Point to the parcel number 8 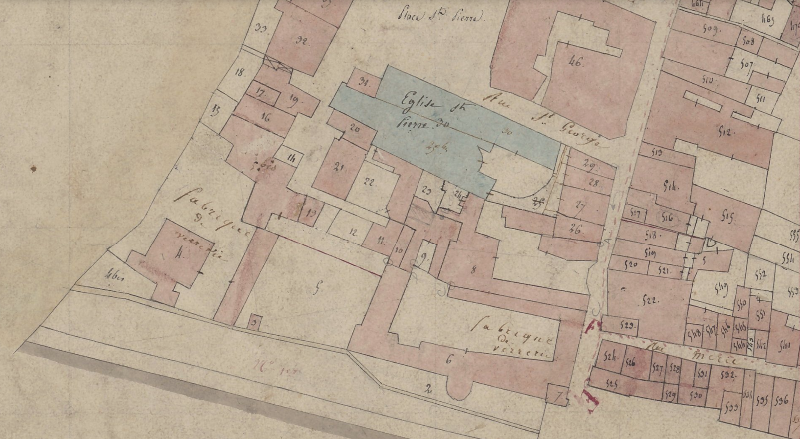(473, 270)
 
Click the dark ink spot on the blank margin (34, 169)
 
